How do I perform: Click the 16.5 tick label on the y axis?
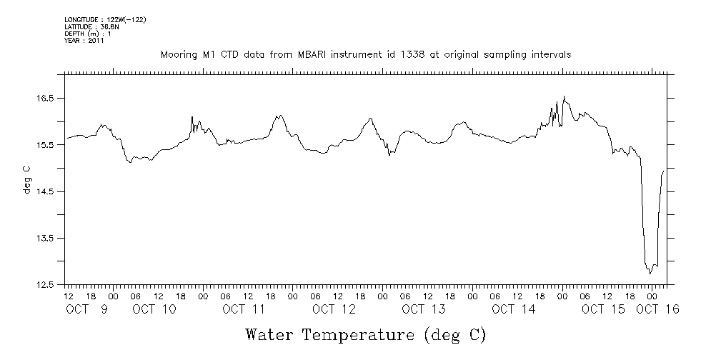[x=46, y=98]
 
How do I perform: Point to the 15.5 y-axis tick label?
[x=46, y=145]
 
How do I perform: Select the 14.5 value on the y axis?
[x=46, y=191]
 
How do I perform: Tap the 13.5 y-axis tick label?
[x=46, y=238]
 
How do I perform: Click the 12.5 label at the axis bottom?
[x=46, y=285]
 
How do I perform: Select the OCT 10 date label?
[x=154, y=309]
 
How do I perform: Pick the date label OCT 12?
[x=334, y=309]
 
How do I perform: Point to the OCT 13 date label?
[x=424, y=309]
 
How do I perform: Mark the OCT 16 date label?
[x=657, y=309]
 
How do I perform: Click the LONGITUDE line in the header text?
[x=105, y=19]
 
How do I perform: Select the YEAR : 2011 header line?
[x=84, y=41]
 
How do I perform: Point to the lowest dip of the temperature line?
[x=650, y=273]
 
